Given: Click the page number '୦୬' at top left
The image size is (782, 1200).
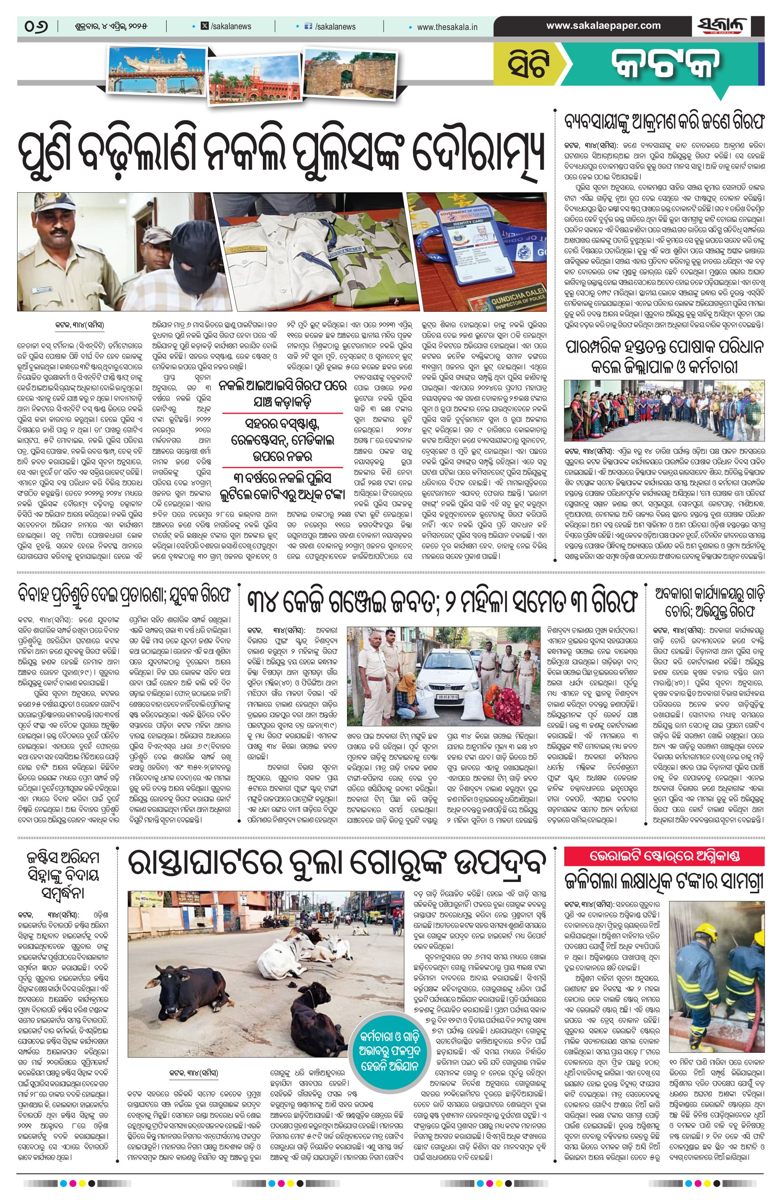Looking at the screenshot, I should tap(36, 26).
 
